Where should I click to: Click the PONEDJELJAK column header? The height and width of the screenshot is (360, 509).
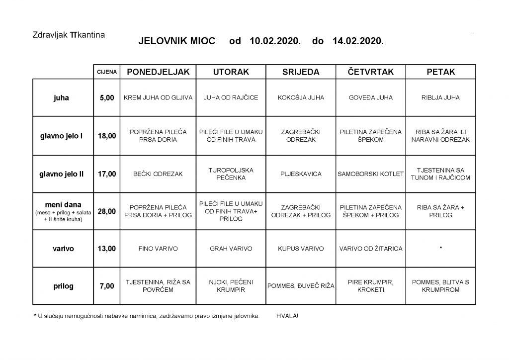[158, 72]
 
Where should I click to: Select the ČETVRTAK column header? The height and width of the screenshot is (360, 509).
[371, 72]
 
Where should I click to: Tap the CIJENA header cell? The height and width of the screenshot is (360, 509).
[107, 72]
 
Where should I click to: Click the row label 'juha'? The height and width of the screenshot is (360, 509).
[61, 98]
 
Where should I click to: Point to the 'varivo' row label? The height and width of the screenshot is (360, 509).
[63, 249]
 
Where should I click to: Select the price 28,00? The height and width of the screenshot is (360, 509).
[107, 211]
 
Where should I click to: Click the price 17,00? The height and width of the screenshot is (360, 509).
[107, 174]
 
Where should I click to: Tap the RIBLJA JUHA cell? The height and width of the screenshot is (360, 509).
[440, 98]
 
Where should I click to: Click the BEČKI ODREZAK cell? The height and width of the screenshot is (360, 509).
[158, 174]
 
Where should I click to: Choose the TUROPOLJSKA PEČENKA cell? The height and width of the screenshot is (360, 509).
[231, 174]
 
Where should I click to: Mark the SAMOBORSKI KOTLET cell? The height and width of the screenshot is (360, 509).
[371, 174]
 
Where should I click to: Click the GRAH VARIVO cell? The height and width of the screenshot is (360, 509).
[231, 249]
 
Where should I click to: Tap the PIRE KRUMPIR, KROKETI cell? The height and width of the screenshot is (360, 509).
[371, 286]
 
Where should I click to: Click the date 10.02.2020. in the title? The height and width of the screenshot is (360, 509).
[275, 42]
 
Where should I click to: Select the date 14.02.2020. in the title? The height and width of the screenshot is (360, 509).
[358, 42]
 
